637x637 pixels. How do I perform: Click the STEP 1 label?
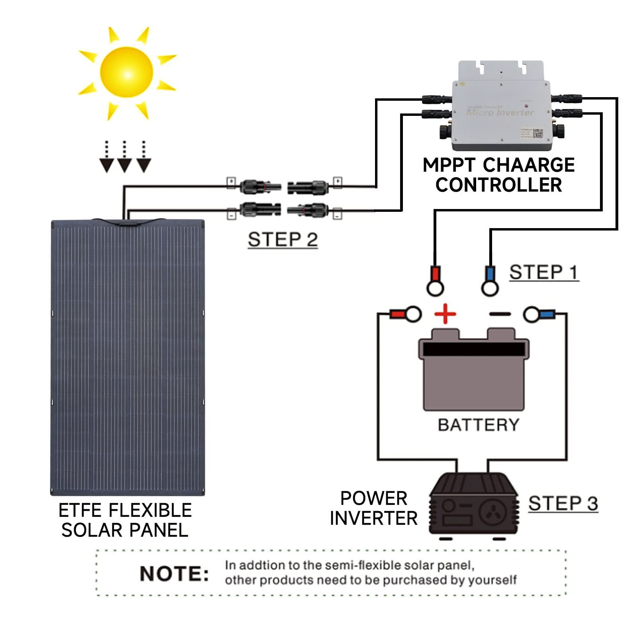pyautogui.click(x=543, y=273)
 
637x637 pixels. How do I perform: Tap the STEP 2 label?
pyautogui.click(x=283, y=240)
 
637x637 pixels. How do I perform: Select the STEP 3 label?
pyautogui.click(x=563, y=504)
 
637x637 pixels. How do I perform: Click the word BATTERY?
pyautogui.click(x=479, y=425)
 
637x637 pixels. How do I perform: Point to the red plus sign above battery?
pyautogui.click(x=445, y=314)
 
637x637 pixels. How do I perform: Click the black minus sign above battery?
pyautogui.click(x=500, y=314)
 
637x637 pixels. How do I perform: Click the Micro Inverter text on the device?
pyautogui.click(x=500, y=113)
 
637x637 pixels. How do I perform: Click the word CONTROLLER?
pyautogui.click(x=498, y=185)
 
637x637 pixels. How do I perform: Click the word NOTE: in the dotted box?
pyautogui.click(x=174, y=574)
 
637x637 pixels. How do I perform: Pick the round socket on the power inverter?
pyautogui.click(x=493, y=512)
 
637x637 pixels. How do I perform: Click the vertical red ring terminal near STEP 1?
pyautogui.click(x=435, y=281)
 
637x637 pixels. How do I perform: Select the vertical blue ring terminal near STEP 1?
pyautogui.click(x=490, y=281)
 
